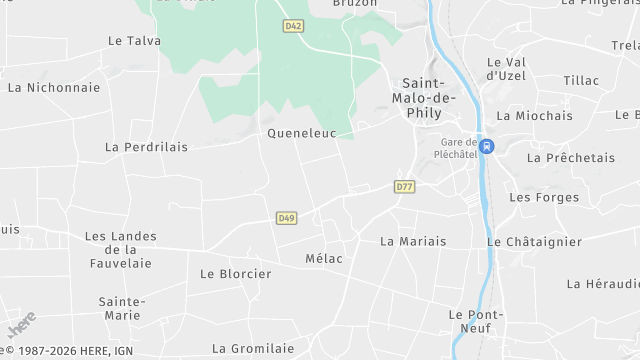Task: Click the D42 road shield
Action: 292,26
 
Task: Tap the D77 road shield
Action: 404,186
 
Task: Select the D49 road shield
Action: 286,218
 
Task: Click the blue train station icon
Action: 486,146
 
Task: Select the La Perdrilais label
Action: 146,147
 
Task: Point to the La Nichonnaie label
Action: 54,87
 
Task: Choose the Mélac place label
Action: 323,259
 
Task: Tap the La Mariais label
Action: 413,241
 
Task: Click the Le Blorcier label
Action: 236,273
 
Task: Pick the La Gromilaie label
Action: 253,349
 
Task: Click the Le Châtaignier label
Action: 534,241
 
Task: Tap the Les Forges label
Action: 544,197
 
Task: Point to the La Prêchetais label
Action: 571,157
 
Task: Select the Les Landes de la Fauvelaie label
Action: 120,249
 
